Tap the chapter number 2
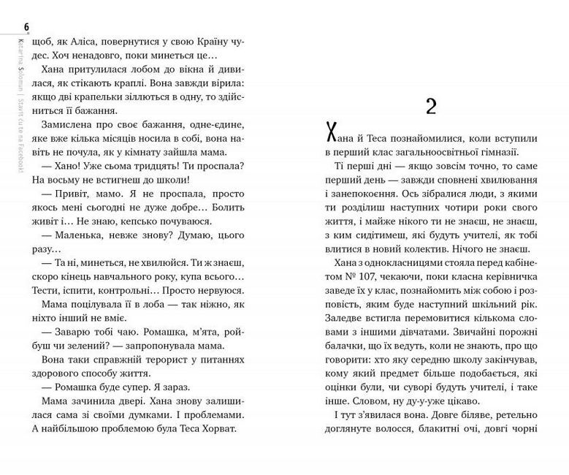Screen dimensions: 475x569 click(x=431, y=107)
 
